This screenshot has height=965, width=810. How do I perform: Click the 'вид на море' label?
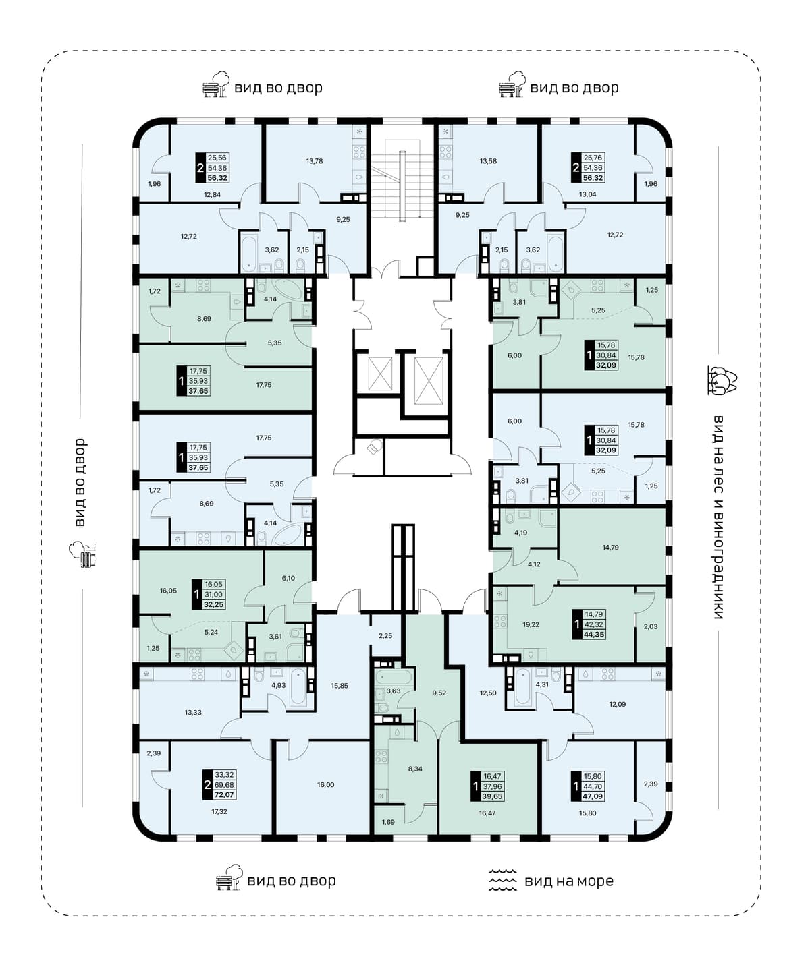pos(568,881)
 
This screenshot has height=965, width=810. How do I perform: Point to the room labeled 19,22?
pos(531,624)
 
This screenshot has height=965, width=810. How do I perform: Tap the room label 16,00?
pos(325,785)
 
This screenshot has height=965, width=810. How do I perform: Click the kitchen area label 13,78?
pos(314,161)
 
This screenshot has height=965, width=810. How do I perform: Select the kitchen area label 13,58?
pos(488,161)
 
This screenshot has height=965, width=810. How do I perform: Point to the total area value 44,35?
pos(593,635)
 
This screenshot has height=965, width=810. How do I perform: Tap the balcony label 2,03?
pos(651,626)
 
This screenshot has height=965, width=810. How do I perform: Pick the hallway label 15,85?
pos(340,686)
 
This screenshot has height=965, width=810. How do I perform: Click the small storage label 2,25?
pos(385,635)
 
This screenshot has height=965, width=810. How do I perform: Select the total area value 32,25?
pos(213,604)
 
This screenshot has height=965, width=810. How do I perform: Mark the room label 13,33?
pos(193,712)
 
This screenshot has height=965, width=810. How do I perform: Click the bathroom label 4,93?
pos(278,685)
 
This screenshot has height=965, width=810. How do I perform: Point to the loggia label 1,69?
pos(389,822)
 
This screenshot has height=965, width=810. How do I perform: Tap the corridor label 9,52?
pos(439,693)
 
